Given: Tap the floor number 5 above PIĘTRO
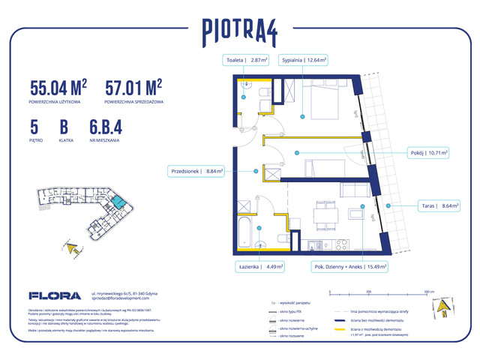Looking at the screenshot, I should click(x=34, y=127).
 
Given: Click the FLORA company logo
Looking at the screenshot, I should click(x=52, y=296).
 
